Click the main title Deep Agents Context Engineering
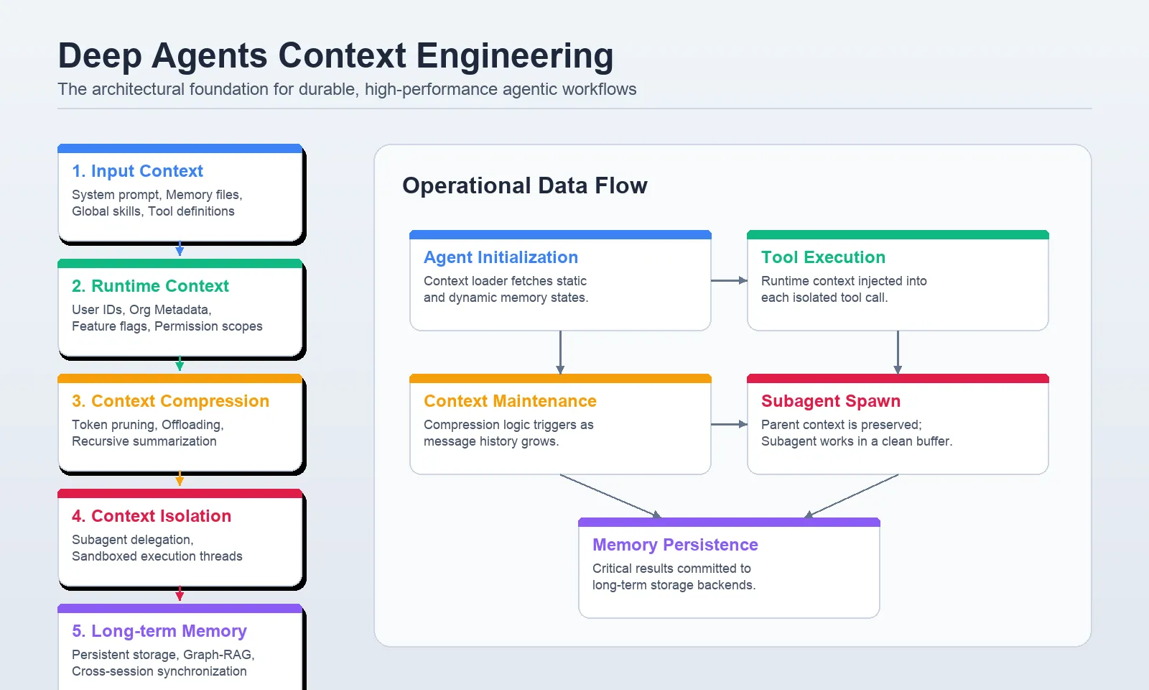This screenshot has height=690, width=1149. click(335, 56)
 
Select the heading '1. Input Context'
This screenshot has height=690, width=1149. click(137, 171)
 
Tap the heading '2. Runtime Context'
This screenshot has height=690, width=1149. click(150, 286)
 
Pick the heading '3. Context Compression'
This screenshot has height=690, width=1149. click(170, 401)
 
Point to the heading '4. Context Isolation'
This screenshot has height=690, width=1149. click(151, 516)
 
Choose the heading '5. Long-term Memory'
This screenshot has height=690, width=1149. click(159, 631)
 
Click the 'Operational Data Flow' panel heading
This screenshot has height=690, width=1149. click(524, 185)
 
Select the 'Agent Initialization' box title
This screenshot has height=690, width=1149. click(501, 257)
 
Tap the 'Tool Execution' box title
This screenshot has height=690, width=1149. click(823, 257)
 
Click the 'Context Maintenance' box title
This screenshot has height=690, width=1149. click(510, 401)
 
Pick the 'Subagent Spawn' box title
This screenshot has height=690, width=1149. click(830, 401)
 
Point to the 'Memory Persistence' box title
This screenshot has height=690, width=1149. click(675, 545)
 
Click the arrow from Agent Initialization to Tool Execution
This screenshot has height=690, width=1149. click(729, 280)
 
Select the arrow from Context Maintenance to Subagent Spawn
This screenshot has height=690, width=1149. click(729, 424)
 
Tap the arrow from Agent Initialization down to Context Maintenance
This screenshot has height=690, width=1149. click(560, 352)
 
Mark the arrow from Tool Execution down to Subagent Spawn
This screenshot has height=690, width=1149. click(898, 352)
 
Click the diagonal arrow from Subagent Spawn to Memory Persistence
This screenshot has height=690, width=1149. click(852, 496)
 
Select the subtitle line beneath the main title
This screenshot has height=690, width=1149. click(347, 89)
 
